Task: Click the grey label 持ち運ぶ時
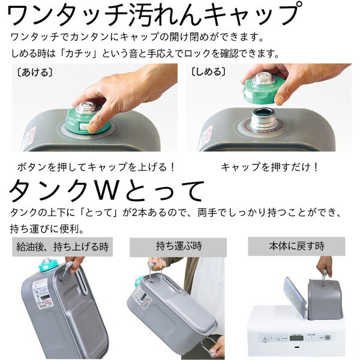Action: click(177, 246)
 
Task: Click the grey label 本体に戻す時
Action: click(296, 246)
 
